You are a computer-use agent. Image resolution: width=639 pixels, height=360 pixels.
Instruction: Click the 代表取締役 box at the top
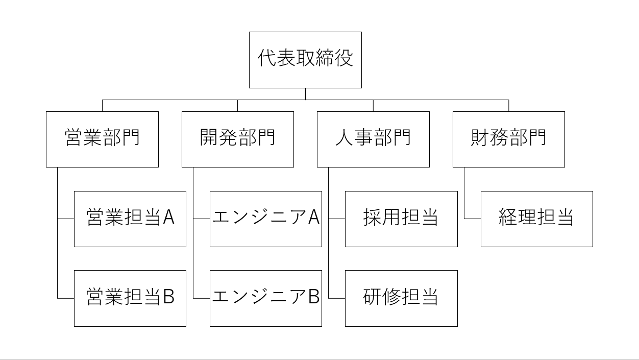305,60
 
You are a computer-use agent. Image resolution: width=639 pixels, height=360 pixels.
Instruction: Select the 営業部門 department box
102,139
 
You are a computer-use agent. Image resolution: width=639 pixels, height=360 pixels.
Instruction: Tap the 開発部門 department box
237,139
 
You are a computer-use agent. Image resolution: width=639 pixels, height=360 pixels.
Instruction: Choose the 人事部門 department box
373,139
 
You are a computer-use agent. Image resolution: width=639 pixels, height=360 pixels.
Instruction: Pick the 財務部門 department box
508,139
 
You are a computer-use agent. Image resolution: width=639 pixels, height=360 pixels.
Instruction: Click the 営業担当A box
130,219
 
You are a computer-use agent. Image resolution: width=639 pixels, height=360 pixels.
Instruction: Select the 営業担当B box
130,298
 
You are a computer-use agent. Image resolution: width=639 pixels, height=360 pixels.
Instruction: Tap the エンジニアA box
265,219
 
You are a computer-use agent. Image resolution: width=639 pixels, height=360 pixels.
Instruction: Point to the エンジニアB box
265,298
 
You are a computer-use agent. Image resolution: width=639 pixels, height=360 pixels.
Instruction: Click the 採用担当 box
401,219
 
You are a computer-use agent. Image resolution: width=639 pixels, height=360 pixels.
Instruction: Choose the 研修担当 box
401,298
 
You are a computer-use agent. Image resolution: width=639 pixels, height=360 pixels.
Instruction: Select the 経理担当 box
536,219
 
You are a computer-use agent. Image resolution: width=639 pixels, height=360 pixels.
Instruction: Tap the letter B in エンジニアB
313,297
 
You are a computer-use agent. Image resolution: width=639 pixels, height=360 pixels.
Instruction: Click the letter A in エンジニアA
313,218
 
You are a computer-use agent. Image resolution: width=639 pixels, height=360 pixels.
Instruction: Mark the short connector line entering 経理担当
473,219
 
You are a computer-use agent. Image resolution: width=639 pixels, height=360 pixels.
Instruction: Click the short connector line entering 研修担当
337,298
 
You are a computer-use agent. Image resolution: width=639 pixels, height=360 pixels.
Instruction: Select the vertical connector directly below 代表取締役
305,94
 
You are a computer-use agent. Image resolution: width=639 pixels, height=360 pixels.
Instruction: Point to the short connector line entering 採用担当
337,219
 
